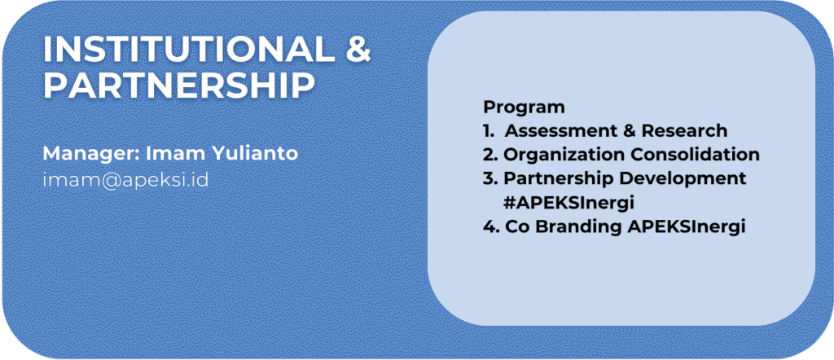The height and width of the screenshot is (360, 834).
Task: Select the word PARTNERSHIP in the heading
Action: pyautogui.click(x=178, y=85)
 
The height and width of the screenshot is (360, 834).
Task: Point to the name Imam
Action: pyautogui.click(x=171, y=153)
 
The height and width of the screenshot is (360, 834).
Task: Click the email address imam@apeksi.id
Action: pyautogui.click(x=125, y=180)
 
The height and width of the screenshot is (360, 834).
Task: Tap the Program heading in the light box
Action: pyautogui.click(x=524, y=108)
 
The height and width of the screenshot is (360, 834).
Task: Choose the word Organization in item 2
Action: pyautogui.click(x=564, y=154)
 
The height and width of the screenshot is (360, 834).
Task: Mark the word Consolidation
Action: pyautogui.click(x=695, y=154)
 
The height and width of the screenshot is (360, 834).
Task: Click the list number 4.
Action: pyautogui.click(x=489, y=226)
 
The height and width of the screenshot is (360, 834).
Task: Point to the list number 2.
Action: pyautogui.click(x=489, y=154)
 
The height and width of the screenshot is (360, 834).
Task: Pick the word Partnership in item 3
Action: pyautogui.click(x=563, y=178)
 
